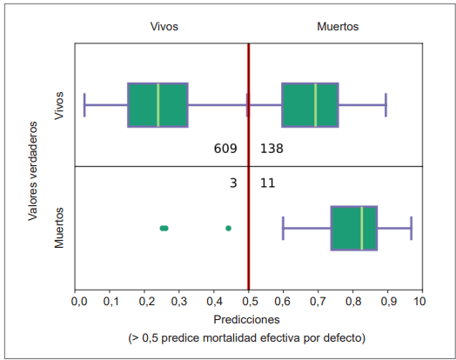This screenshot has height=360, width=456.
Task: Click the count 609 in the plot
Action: click(225, 149)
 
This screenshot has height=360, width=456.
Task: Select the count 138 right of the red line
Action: click(272, 149)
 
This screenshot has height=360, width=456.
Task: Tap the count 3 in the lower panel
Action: click(233, 183)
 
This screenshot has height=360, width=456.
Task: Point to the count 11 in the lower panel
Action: click(267, 183)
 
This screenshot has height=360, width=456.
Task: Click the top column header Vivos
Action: click(164, 27)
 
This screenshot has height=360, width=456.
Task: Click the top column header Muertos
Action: click(338, 27)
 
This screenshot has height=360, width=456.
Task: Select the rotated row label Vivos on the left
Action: click(60, 104)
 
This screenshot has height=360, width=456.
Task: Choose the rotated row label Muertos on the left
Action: click(60, 227)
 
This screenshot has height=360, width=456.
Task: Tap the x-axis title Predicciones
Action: click(249, 319)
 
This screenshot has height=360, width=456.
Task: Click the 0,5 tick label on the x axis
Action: click(249, 302)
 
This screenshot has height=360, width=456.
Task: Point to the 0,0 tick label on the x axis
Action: click(78, 302)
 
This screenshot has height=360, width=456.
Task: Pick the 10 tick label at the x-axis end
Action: click(419, 302)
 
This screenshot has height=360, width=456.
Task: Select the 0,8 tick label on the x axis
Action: click(352, 302)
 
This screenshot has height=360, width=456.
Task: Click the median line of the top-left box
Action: click(158, 104)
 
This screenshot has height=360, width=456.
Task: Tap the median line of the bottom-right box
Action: click(361, 228)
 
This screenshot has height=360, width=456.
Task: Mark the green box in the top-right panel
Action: click(310, 104)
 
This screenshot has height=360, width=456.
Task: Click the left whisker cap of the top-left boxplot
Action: click(84, 104)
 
